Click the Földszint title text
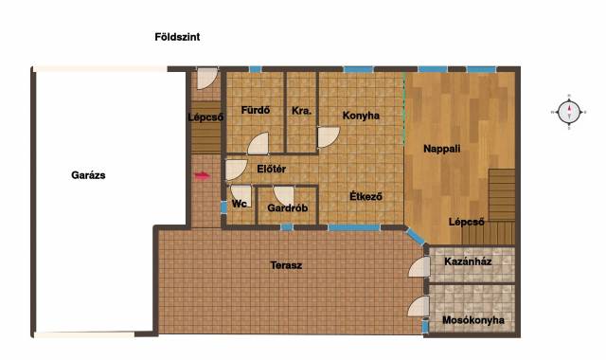[x=177, y=37]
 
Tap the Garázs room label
[x=88, y=175]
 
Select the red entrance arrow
[x=202, y=176]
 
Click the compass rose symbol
[x=569, y=112]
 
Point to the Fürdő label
[x=256, y=110]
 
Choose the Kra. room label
[x=301, y=111]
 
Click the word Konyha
[x=361, y=116]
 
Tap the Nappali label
[x=442, y=149]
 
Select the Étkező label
[x=365, y=196]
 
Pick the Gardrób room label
[x=288, y=208]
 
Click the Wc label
[x=240, y=204]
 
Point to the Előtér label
[x=272, y=169]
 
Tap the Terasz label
[x=286, y=265]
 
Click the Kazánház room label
[x=468, y=261]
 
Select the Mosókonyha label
[x=473, y=320]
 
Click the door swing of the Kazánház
[x=419, y=267]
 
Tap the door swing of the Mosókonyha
[x=419, y=307]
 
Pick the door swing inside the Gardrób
[x=284, y=196]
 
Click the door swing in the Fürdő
[x=258, y=143]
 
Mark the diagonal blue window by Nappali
[x=416, y=236]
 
